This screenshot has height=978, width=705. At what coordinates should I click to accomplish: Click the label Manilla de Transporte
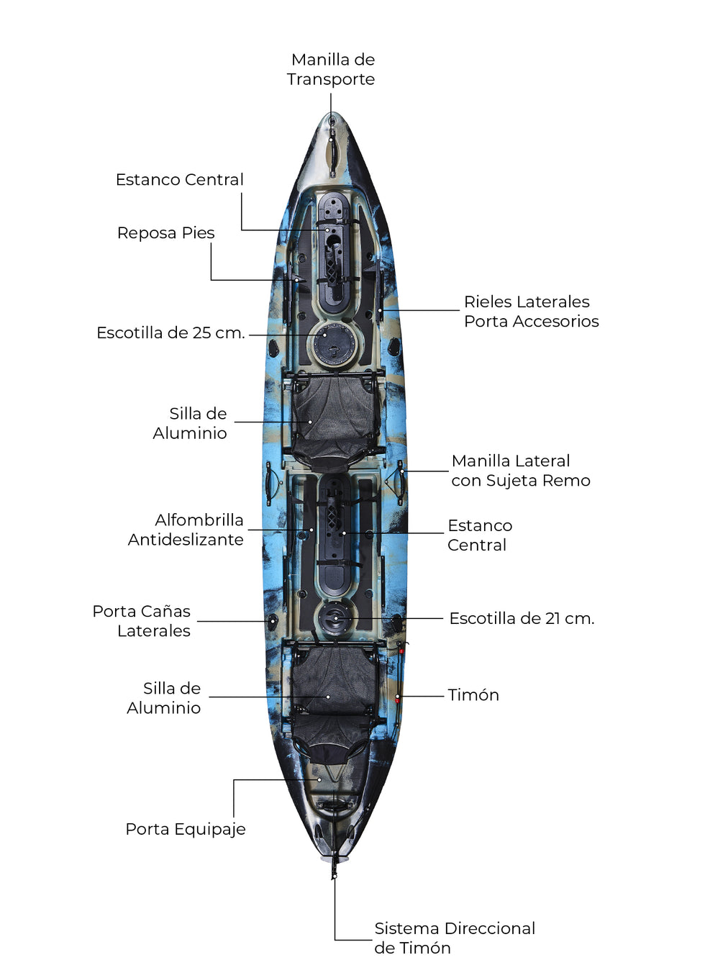(331, 69)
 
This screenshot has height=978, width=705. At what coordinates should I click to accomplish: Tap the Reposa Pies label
(165, 233)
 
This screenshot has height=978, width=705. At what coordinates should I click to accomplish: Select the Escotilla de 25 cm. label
(170, 333)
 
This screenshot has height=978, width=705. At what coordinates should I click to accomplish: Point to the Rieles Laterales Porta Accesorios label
(531, 312)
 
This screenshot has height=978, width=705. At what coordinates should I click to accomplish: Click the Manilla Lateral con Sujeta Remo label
(520, 471)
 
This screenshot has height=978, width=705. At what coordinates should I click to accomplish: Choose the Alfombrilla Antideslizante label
(186, 530)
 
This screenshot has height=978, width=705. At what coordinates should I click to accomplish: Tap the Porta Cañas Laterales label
(142, 621)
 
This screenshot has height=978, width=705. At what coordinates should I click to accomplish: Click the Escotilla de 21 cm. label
(522, 619)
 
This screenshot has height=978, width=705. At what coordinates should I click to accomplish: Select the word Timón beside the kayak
(473, 695)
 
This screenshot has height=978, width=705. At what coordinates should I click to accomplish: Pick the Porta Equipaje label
(186, 830)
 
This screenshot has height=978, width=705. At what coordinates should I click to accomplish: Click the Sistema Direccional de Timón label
(454, 938)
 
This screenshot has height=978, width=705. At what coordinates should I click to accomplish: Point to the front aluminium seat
(332, 417)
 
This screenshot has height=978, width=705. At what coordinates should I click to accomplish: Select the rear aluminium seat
(332, 694)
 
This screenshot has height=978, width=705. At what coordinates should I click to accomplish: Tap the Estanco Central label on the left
(179, 180)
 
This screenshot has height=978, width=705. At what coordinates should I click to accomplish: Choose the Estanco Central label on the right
(479, 535)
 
